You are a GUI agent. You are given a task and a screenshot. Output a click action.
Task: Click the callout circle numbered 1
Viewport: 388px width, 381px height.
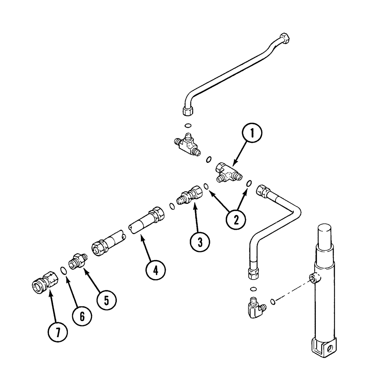click(252, 134)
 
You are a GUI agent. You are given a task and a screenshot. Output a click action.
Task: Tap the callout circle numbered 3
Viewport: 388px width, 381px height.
click(200, 242)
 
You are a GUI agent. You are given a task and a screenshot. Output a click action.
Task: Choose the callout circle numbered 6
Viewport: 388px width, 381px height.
click(82, 316)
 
